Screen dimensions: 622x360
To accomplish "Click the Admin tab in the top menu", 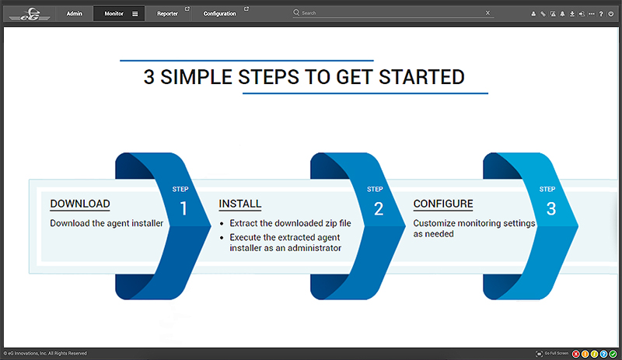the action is [74, 13].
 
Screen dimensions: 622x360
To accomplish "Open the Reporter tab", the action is [167, 13].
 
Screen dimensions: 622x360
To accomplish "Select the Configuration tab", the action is [219, 13].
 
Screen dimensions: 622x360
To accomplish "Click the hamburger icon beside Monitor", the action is [135, 14].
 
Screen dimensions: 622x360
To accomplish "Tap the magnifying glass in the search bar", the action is [296, 12].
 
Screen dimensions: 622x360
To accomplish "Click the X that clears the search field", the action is [487, 12].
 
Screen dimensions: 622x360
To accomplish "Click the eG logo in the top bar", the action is [30, 14].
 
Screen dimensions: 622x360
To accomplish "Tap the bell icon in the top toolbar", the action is [562, 14].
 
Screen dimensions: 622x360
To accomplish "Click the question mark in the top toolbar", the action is [601, 14].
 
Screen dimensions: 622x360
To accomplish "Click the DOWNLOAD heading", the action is [80, 204].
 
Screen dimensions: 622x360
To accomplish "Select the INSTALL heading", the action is [240, 204].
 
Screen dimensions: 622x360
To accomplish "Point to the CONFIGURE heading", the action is [443, 204].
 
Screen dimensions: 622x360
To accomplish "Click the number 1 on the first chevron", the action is [183, 209].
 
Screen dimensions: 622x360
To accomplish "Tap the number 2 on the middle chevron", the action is [379, 209].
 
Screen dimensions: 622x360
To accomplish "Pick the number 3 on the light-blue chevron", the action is [551, 209].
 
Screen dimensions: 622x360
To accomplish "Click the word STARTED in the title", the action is [421, 77].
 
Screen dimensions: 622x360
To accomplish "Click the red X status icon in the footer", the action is [575, 354].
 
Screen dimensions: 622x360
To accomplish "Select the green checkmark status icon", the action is [613, 354].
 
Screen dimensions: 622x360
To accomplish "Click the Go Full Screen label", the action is [556, 353].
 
